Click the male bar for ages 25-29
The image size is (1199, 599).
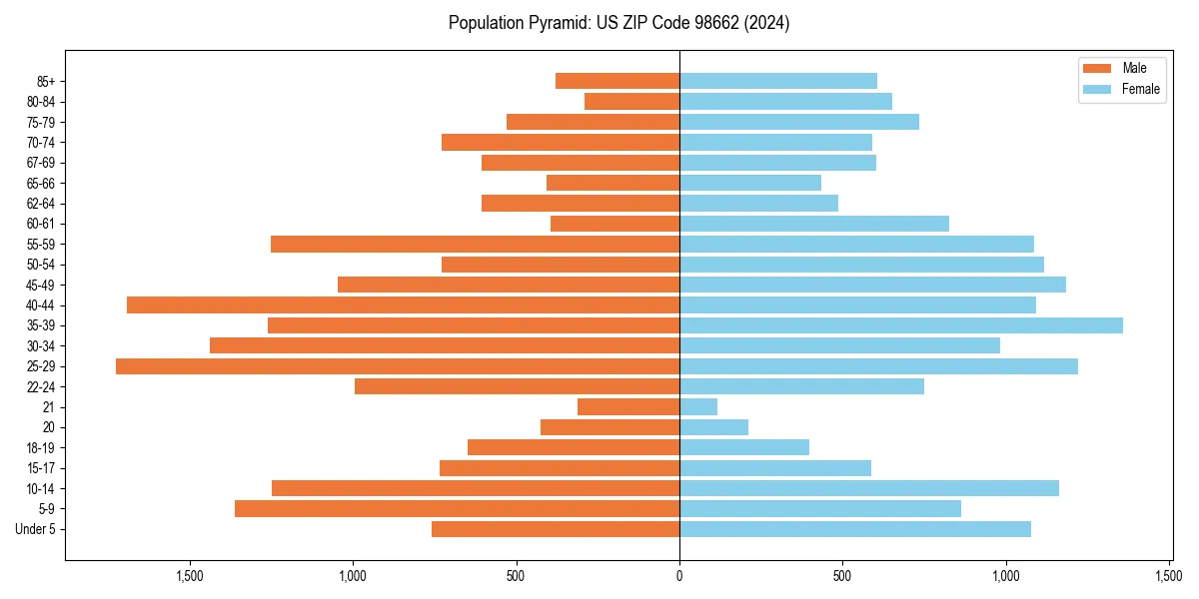pyautogui.click(x=398, y=366)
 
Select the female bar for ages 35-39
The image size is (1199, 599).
pyautogui.click(x=901, y=325)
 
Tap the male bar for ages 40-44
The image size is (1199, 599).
pyautogui.click(x=403, y=304)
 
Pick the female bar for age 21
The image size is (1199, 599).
pyautogui.click(x=698, y=407)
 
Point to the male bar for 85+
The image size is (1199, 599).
pyautogui.click(x=617, y=81)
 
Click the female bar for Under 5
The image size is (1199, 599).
pyautogui.click(x=855, y=529)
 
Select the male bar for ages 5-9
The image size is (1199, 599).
pyautogui.click(x=457, y=509)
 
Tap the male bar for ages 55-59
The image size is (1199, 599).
pyautogui.click(x=475, y=245)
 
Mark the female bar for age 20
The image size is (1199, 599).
pyautogui.click(x=713, y=427)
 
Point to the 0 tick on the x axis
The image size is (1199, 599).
pyautogui.click(x=679, y=576)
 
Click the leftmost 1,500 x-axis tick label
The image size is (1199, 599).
pyautogui.click(x=189, y=576)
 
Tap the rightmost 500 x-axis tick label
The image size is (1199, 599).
pyautogui.click(x=842, y=576)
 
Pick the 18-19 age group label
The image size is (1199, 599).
pyautogui.click(x=41, y=448)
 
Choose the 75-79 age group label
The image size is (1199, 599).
pyautogui.click(x=41, y=122)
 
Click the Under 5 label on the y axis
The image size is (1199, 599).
pyautogui.click(x=35, y=529)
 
